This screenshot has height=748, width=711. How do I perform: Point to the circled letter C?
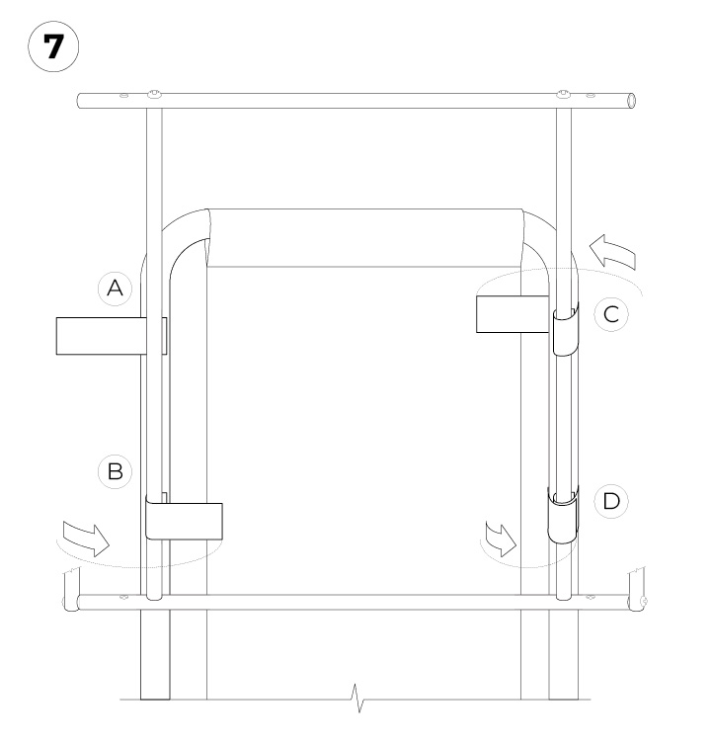611,315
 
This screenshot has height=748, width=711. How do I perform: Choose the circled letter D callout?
611,501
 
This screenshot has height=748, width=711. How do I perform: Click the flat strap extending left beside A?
99,335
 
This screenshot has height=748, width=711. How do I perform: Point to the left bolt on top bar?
155,94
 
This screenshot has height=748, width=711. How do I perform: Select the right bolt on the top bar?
563,95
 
